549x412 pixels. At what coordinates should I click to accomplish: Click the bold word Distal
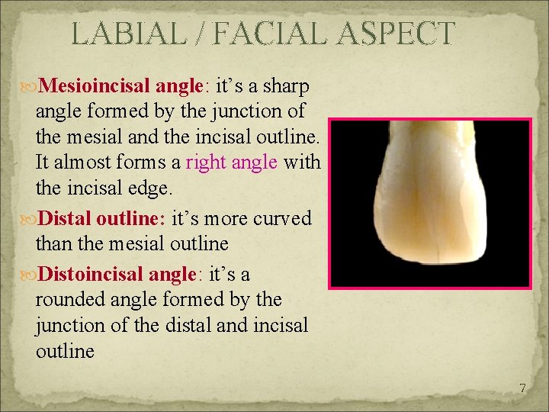coord(68,219)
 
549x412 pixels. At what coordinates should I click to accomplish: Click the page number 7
coord(522,388)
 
